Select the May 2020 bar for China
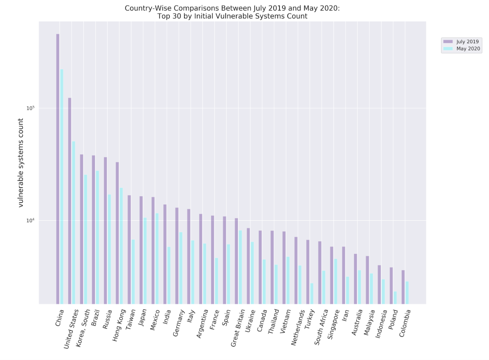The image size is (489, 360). (x=62, y=187)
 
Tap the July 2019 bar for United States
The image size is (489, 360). (x=70, y=201)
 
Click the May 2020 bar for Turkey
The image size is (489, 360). (x=312, y=293)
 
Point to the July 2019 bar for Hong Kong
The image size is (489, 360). (x=117, y=233)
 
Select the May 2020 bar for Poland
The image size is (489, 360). (x=395, y=298)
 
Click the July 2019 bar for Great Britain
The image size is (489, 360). (x=236, y=261)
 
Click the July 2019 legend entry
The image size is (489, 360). (x=462, y=41)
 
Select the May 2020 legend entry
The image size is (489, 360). (x=462, y=49)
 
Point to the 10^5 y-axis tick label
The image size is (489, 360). (x=31, y=108)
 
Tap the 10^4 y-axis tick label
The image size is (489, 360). (x=31, y=220)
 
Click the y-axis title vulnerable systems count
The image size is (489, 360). (x=21, y=163)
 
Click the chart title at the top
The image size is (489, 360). (x=232, y=12)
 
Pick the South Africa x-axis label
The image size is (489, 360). (x=321, y=327)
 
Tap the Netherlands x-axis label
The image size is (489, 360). (x=298, y=327)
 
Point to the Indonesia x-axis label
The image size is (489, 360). (x=381, y=324)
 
